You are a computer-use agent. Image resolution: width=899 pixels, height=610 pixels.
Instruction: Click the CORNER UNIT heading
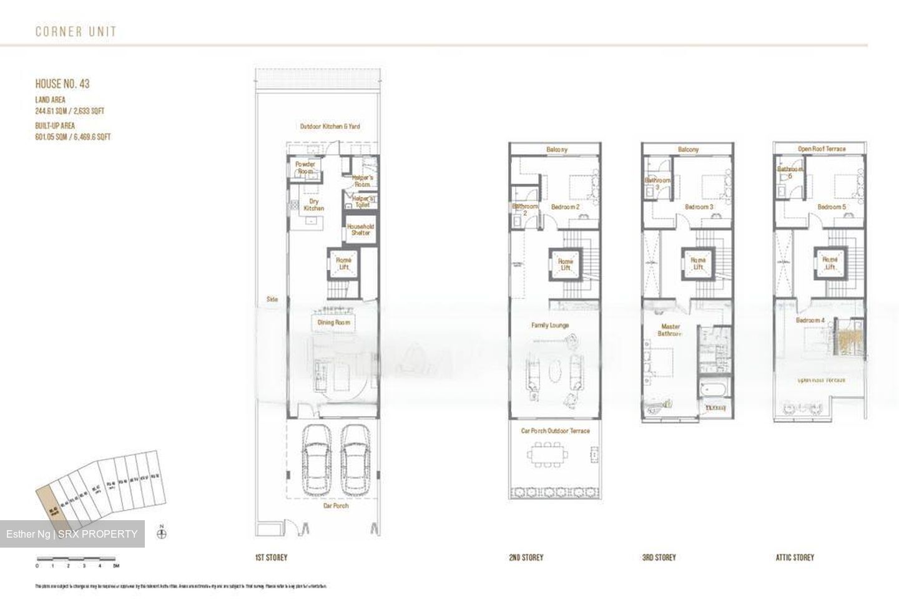point(76,31)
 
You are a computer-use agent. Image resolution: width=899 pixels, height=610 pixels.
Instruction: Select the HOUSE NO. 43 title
point(62,84)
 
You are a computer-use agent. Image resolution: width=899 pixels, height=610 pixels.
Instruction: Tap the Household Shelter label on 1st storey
point(360,230)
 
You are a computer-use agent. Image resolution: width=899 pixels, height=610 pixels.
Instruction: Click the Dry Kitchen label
point(314,205)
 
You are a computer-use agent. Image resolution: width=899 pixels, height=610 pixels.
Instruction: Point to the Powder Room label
point(305,167)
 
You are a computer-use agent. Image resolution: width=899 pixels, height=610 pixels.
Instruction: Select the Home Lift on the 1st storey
point(343,264)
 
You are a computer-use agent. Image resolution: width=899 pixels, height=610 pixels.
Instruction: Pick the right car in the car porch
point(356,459)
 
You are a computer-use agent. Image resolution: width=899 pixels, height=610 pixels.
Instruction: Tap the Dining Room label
point(334,322)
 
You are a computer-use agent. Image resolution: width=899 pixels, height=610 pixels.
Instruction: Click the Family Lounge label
point(550,325)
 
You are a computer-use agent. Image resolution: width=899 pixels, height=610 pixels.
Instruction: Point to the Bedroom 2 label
point(565,207)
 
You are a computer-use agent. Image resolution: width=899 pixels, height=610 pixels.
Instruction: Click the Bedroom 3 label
point(699,207)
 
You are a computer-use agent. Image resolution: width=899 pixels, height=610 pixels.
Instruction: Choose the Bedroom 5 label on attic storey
point(832,207)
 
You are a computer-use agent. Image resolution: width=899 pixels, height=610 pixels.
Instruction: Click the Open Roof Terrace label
point(821,149)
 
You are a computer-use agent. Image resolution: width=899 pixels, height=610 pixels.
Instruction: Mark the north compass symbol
point(162,533)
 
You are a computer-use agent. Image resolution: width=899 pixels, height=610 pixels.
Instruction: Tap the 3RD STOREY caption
point(659,558)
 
